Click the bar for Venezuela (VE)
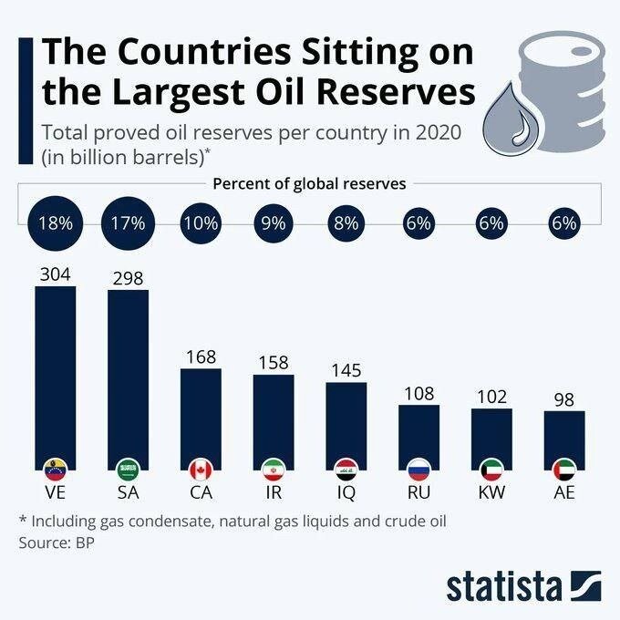55,374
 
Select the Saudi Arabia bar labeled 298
128,374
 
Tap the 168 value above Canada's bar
201,356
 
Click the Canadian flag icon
201,470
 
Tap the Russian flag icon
418,470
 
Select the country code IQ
346,495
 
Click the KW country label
491,495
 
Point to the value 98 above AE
564,399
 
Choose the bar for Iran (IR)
274,419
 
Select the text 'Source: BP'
57,542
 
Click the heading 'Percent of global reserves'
309,183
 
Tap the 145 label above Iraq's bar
346,370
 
